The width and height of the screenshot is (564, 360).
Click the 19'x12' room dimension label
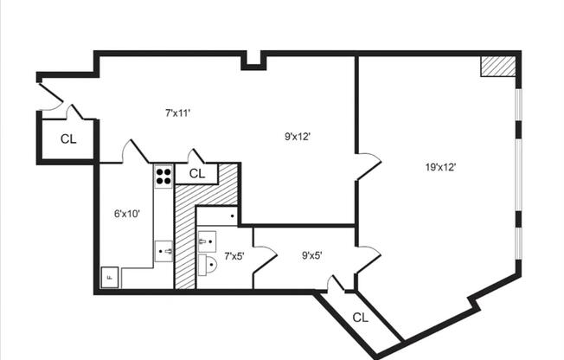click(440, 167)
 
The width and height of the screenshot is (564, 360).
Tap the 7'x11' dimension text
click(177, 112)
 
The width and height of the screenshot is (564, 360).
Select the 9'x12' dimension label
click(298, 135)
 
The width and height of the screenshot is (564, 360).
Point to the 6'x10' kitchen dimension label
click(126, 213)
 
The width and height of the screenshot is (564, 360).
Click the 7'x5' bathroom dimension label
click(234, 256)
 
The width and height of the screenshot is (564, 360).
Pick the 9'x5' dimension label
click(312, 254)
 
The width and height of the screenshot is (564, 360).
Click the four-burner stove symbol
click(163, 176)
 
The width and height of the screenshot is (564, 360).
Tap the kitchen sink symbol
click(164, 252)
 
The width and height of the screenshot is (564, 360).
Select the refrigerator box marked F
click(109, 278)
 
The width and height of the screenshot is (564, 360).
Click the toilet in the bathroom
click(208, 265)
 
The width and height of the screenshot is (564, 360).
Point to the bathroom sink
click(207, 241)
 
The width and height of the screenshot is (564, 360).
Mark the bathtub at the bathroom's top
click(218, 215)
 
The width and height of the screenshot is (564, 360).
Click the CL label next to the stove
click(197, 173)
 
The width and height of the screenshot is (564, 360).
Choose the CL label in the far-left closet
click(68, 138)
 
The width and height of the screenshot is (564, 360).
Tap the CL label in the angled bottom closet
click(361, 317)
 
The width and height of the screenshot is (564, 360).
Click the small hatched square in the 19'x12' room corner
click(497, 67)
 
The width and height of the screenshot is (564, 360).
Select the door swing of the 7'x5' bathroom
click(266, 257)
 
